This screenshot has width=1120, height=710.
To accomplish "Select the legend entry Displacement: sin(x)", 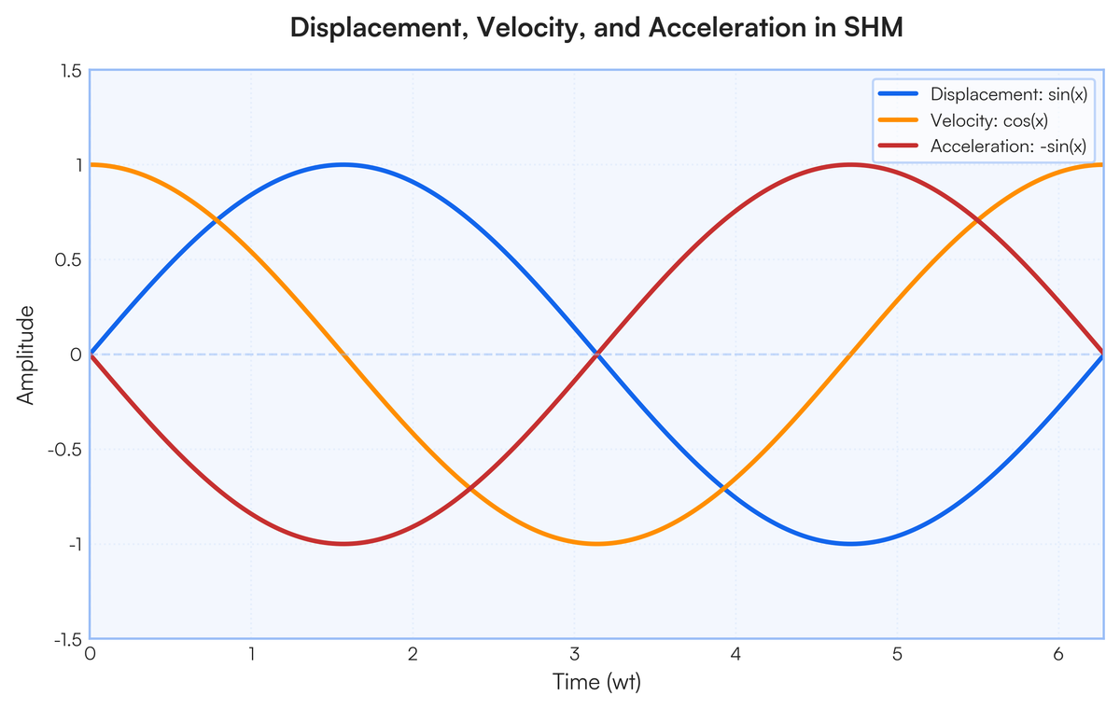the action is tap(983, 94).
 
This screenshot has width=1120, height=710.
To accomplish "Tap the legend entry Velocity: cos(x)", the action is tap(963, 120).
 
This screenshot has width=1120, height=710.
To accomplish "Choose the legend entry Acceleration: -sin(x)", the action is tap(983, 146).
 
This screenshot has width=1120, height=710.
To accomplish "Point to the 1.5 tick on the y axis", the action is tap(71, 71).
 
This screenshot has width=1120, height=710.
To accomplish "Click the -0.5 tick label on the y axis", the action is tap(64, 450).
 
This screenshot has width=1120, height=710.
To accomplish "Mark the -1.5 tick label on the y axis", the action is tap(69, 639).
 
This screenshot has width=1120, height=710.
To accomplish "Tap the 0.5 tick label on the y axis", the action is tap(68, 259).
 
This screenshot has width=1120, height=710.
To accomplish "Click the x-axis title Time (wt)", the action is tap(596, 682).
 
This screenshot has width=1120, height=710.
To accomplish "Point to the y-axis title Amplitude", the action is tap(25, 355).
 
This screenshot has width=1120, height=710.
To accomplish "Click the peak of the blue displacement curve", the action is tap(343, 164).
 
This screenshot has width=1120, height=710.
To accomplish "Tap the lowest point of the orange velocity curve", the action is tap(596, 544).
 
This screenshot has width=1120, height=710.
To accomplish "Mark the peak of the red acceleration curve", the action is tap(850, 164).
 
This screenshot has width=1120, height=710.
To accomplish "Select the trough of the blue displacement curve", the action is tap(850, 544).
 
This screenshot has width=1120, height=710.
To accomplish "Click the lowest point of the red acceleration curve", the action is tap(343, 544).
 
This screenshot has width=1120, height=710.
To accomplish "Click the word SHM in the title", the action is tap(874, 28).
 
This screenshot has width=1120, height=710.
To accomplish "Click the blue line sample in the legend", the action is tap(898, 93).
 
